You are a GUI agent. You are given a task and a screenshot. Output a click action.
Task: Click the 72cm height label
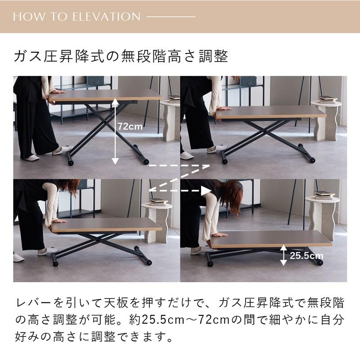coord(130,127)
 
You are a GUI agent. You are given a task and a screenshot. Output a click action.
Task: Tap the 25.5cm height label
coord(306,256)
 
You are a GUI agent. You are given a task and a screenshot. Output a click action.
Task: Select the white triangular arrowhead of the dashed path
coord(206,191)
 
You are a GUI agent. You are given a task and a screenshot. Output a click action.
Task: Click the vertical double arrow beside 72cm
coord(115,133)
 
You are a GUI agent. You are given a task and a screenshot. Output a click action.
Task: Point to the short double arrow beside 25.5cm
coord(283,255)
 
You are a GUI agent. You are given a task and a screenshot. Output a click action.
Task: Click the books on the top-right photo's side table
coord(328,99)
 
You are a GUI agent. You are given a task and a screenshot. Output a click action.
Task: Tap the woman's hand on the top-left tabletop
coord(58,91)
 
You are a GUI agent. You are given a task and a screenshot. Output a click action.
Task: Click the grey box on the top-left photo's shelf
coord(95,81)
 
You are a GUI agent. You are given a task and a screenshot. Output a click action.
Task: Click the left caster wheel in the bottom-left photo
coord(56,263)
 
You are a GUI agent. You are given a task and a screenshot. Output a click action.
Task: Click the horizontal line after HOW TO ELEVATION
coord(171,17)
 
